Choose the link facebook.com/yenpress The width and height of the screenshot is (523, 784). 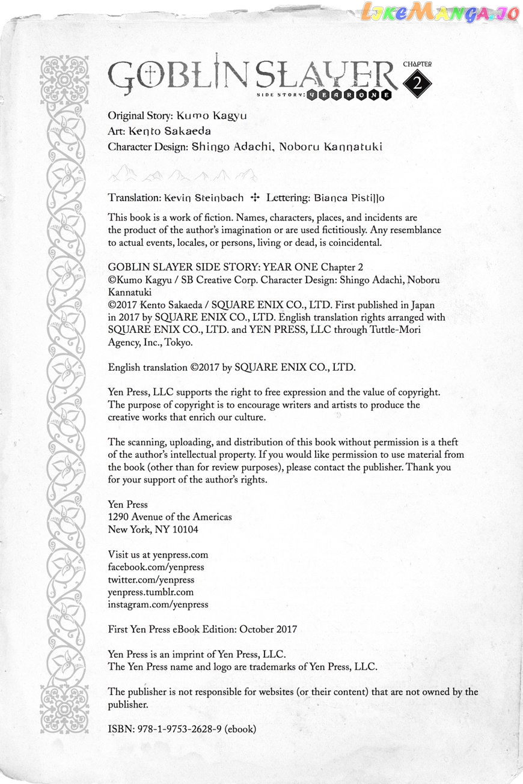pos(156,567)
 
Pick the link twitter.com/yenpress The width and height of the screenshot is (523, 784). pos(151,580)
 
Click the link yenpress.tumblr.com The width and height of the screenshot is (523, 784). pos(151,592)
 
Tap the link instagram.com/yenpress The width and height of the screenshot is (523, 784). pos(158,605)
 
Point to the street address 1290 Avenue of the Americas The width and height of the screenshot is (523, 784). pos(170,517)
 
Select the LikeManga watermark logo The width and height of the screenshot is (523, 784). pos(441,13)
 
